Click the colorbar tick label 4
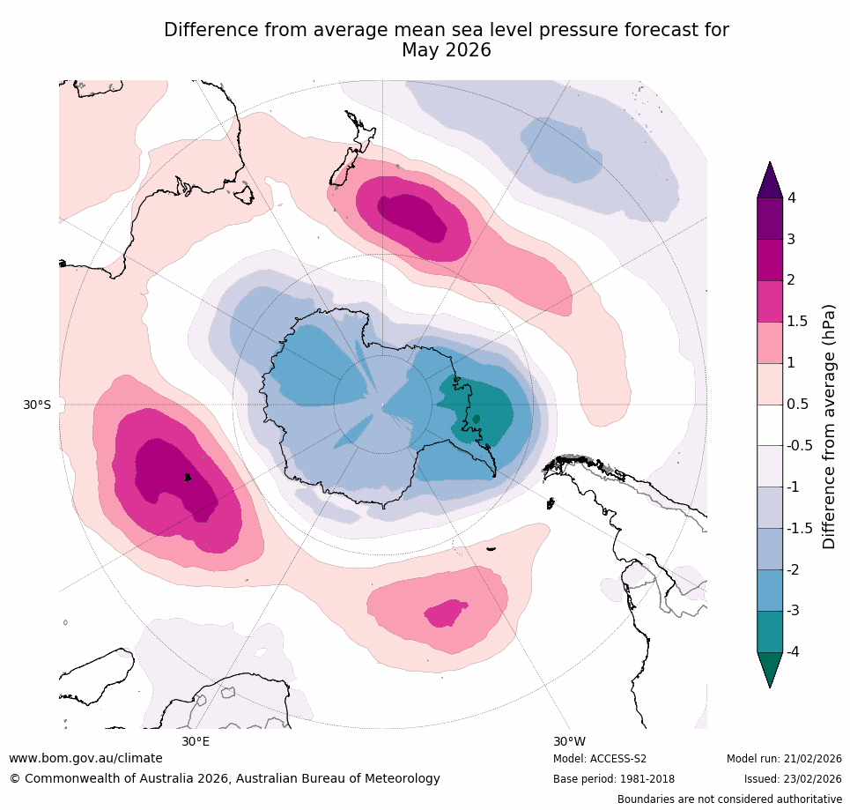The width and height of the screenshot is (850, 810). (791, 197)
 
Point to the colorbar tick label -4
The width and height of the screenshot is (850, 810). (794, 651)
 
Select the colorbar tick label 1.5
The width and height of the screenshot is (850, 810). (797, 322)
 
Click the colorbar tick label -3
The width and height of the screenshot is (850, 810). (794, 610)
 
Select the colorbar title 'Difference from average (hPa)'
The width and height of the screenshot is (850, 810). (829, 427)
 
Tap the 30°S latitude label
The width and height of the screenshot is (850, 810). (37, 405)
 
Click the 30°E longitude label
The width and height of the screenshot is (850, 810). (196, 741)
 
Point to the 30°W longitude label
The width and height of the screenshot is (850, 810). (569, 741)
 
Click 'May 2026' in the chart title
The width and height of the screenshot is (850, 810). (446, 51)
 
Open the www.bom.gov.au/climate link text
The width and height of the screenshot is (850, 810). (85, 758)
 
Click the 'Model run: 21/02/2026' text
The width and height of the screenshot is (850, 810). (784, 759)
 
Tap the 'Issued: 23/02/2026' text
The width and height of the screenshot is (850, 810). (793, 779)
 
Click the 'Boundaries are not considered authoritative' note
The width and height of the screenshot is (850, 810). (729, 799)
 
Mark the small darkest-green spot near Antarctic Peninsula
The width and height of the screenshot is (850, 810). (477, 419)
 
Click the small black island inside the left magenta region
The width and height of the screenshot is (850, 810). (188, 477)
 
